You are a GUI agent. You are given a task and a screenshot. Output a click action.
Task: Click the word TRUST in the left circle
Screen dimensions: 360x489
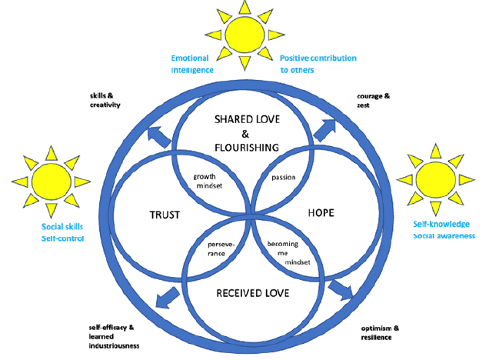point(163,215)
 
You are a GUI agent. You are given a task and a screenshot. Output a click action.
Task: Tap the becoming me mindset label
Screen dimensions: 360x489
point(287,253)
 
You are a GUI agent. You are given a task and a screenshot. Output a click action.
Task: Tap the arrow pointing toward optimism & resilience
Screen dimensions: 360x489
point(339,289)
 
